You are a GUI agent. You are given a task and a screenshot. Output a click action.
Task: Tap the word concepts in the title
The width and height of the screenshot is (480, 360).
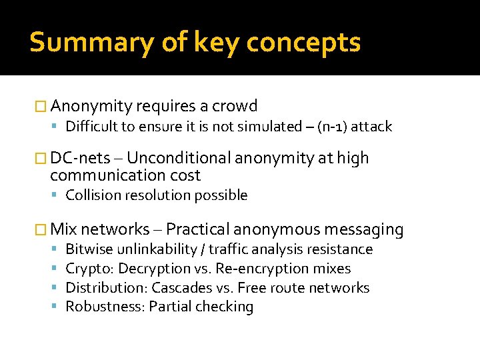[x=303, y=43]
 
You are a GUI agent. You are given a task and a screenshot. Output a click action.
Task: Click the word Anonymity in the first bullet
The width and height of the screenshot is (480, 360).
[x=91, y=106]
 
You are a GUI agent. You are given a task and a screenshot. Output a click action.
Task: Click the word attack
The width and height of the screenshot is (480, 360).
[x=371, y=127]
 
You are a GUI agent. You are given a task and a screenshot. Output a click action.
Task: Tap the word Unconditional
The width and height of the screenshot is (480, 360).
[x=175, y=158]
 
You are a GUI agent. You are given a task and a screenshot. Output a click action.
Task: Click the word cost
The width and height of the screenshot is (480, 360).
[x=185, y=175]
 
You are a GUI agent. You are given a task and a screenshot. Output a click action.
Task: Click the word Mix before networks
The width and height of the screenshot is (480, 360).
[x=64, y=230]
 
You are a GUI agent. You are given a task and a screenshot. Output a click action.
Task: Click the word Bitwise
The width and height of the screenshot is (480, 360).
[x=89, y=249]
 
